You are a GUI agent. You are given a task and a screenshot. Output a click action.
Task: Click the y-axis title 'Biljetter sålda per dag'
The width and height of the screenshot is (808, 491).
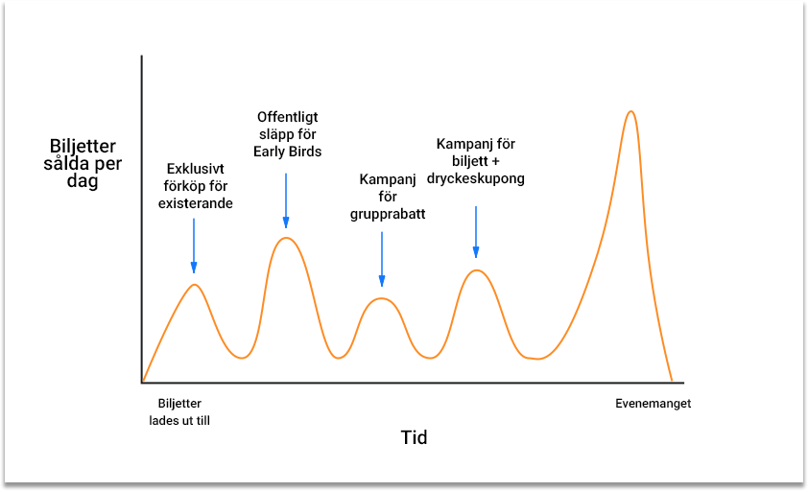[x=83, y=163]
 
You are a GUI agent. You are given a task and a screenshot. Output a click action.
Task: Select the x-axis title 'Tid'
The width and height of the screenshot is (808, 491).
[x=414, y=437]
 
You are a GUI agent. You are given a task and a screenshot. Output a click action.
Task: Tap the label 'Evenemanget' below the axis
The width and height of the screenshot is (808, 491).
[x=653, y=404]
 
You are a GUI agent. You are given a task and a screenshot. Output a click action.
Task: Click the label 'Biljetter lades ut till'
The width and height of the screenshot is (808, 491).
[x=179, y=412]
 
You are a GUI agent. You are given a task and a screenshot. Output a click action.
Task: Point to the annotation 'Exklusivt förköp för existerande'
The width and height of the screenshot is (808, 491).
[x=196, y=186]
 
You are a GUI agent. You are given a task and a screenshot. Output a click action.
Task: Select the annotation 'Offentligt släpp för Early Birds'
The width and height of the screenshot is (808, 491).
[x=288, y=134]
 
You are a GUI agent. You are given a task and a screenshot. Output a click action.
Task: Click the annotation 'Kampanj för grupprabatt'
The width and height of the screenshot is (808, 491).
[x=388, y=197]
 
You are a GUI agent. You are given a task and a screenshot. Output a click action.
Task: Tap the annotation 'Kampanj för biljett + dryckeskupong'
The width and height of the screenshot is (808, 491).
[x=476, y=161]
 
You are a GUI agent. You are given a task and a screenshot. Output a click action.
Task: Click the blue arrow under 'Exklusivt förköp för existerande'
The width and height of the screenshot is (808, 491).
[x=194, y=245]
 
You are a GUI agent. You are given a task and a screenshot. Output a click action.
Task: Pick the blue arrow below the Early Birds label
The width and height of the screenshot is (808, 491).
[x=286, y=200]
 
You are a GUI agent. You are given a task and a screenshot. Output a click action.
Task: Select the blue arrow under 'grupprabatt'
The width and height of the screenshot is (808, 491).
[x=382, y=259]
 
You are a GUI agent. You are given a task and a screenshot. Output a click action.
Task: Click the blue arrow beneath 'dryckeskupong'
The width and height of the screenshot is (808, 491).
[x=476, y=231]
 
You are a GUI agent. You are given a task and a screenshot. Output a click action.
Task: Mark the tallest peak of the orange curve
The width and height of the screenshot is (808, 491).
[x=630, y=111]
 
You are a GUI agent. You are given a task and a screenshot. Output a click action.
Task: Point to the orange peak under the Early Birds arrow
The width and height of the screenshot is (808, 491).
[x=286, y=238]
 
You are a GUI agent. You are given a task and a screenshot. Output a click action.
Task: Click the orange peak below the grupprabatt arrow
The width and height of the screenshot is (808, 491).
[x=381, y=299]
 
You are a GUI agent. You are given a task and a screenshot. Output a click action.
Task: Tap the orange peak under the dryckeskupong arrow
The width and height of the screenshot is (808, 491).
[x=477, y=270]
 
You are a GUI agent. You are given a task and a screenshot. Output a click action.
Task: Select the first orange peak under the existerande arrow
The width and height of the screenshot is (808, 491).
[x=194, y=285]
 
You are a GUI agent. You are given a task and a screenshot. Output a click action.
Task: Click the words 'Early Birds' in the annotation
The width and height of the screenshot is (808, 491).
[x=288, y=152]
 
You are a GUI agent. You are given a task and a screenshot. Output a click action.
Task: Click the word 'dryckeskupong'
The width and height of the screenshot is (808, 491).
[x=476, y=178]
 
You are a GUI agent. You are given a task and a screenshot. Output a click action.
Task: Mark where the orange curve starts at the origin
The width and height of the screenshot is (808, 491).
[x=143, y=382]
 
